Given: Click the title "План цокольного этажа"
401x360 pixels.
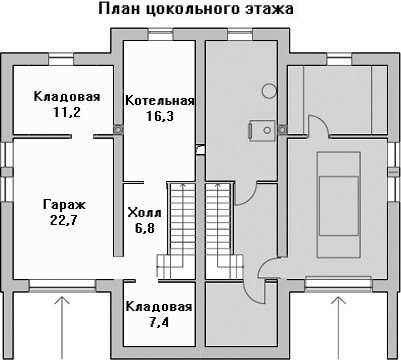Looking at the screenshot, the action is pyautogui.click(x=196, y=9).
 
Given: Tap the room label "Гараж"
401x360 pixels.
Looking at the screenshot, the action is pyautogui.click(x=64, y=204).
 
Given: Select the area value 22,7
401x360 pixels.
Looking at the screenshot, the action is pyautogui.click(x=64, y=221).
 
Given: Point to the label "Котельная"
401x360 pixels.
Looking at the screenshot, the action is pyautogui.click(x=160, y=100).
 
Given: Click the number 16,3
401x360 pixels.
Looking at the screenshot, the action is pyautogui.click(x=160, y=116).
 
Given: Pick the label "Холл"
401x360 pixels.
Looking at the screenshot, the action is pyautogui.click(x=144, y=212).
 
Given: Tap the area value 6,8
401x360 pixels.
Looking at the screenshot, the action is pyautogui.click(x=145, y=228).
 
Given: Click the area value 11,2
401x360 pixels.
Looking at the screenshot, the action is pyautogui.click(x=67, y=112).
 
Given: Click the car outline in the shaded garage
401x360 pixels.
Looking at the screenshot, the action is pyautogui.click(x=339, y=205).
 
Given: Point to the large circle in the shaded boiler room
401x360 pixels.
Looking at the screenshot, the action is pyautogui.click(x=269, y=90).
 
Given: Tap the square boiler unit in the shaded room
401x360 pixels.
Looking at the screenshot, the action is pyautogui.click(x=262, y=130).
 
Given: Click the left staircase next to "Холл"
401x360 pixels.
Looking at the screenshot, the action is pyautogui.click(x=176, y=230).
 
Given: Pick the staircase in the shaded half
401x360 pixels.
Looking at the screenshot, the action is pyautogui.click(x=224, y=230).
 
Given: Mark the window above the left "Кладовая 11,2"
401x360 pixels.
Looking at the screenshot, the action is pyautogui.click(x=61, y=61).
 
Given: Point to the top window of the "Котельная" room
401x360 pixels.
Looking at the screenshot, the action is pyautogui.click(x=160, y=35).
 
